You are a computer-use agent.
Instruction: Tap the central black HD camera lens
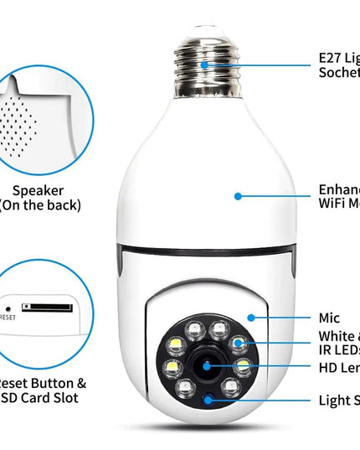point(203,366)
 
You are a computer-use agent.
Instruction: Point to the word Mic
point(329,318)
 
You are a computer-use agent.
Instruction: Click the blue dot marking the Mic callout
point(250,318)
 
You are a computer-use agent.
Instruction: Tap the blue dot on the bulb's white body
point(238,196)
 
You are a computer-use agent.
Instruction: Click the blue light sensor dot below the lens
point(208,400)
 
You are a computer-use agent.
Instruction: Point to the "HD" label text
point(327,367)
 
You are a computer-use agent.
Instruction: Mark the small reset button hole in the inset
point(8,307)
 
